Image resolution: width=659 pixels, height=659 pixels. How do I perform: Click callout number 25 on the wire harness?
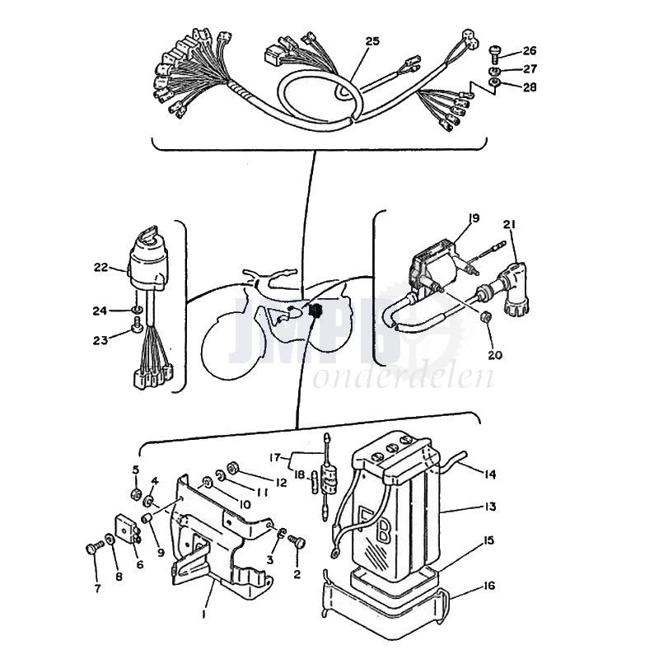coord(372,41)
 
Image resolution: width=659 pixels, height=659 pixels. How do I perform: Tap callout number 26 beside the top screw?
coord(530,50)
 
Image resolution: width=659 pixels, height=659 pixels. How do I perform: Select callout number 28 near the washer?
coord(530,87)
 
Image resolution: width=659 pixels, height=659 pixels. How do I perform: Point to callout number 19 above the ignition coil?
coord(474,218)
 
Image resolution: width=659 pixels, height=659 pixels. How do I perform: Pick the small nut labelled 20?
coord(485,316)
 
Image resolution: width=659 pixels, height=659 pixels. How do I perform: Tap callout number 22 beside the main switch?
coord(100,267)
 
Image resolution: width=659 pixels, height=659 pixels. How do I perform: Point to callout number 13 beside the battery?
coord(489,507)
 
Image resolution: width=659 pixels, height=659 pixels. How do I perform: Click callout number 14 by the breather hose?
coord(489,474)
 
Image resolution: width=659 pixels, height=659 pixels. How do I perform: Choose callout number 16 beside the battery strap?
coord(488,586)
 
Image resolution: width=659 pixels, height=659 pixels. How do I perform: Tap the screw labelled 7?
coord(95,548)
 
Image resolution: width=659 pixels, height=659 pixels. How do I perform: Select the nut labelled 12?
coord(232,467)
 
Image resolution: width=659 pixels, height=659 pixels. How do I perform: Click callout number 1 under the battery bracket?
coord(203,614)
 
